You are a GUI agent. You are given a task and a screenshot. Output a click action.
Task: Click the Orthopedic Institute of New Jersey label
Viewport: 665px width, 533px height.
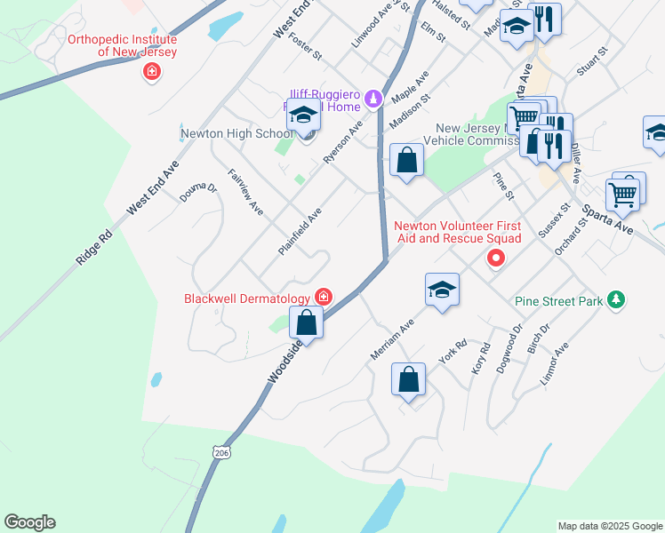click(124, 45)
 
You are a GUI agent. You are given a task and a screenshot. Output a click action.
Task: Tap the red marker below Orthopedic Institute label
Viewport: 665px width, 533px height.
click(151, 72)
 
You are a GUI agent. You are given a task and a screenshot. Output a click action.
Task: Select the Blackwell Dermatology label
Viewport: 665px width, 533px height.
click(247, 298)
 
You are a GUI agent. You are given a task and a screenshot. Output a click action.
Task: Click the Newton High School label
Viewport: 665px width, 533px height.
click(236, 134)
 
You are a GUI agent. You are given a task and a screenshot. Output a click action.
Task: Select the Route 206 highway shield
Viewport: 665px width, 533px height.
click(220, 452)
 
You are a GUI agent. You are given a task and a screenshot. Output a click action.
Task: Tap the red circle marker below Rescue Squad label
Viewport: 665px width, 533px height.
click(496, 259)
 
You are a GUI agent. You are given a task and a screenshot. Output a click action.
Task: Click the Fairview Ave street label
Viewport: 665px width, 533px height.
click(244, 193)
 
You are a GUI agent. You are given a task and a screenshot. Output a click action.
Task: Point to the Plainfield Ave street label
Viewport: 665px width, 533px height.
click(299, 233)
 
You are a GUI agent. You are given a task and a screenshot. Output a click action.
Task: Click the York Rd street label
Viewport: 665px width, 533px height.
click(453, 352)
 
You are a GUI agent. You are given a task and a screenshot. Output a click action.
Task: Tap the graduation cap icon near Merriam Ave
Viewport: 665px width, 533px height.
click(442, 290)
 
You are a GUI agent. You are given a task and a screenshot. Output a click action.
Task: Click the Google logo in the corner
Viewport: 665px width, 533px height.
click(29, 522)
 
